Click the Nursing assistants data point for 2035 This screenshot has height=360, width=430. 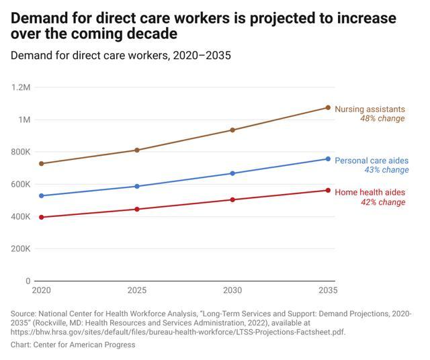[328, 107]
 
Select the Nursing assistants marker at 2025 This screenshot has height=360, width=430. [137, 150]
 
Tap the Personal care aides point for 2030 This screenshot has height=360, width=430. [232, 173]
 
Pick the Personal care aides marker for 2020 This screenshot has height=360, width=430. [42, 195]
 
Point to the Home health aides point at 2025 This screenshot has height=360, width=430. [137, 209]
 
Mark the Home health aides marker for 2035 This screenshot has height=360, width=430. [328, 190]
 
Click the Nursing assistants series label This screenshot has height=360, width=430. [370, 109]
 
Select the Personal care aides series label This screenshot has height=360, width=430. [372, 161]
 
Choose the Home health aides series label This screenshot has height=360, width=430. [370, 192]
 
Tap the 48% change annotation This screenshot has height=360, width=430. [382, 119]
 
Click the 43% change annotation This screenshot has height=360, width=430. [386, 171]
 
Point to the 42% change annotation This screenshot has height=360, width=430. [383, 202]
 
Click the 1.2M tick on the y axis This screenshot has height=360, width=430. [21, 87]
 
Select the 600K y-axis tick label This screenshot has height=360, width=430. [20, 184]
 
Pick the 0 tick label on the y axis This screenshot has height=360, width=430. [28, 281]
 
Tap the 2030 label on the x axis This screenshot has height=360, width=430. [232, 291]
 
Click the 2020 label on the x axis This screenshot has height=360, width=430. [42, 291]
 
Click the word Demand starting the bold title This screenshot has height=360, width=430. [41, 18]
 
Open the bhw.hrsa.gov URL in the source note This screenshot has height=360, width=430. [178, 332]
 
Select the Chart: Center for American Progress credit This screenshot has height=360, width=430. [73, 345]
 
